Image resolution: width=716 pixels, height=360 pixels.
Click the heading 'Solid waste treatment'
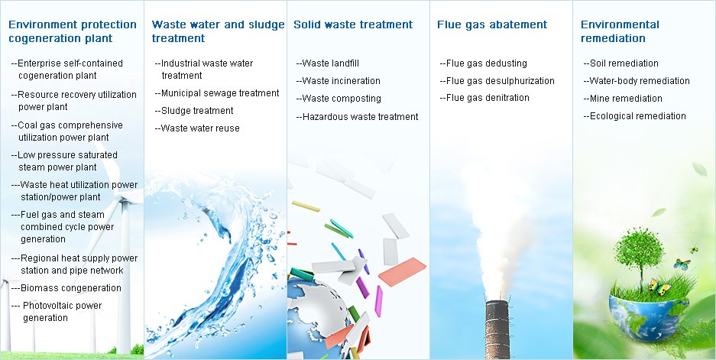coord(353,24)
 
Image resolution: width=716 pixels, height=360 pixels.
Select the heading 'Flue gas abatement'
coord(492,24)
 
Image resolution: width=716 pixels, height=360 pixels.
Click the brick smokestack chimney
coord(497,329)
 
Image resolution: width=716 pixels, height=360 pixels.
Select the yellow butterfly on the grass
coord(659,287)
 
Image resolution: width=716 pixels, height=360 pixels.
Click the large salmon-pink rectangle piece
coord(402,272)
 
